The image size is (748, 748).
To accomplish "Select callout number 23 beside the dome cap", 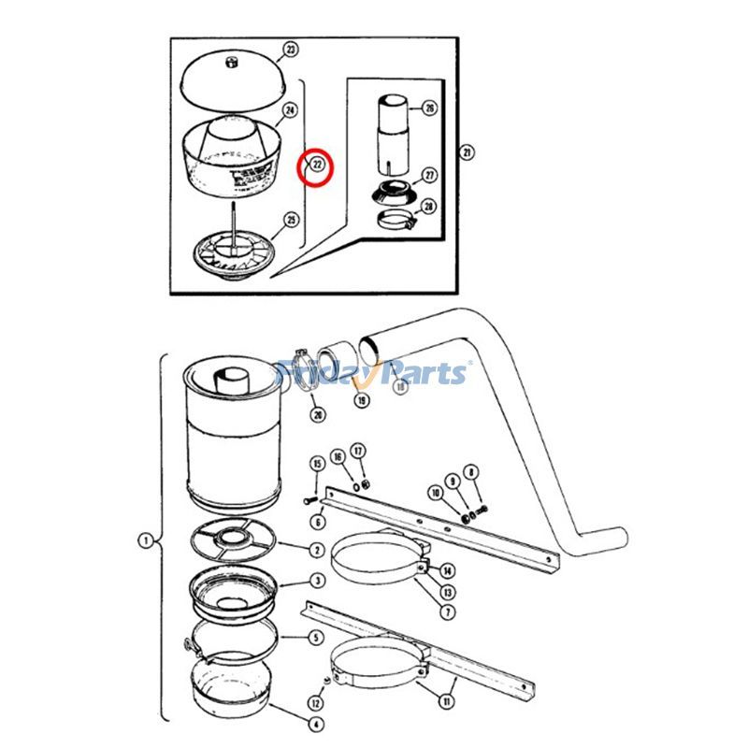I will pyautogui.click(x=290, y=49).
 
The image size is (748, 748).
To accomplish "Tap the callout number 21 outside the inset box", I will pyautogui.click(x=467, y=152).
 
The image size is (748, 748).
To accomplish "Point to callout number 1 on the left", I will pyautogui.click(x=145, y=539).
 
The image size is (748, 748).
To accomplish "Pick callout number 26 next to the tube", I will pyautogui.click(x=429, y=108).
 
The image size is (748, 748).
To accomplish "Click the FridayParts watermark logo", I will pyautogui.click(x=374, y=373).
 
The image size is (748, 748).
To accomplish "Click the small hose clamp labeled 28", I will pyautogui.click(x=396, y=222).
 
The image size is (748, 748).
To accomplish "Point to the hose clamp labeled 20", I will pyautogui.click(x=297, y=365).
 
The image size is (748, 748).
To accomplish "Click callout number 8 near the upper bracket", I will pyautogui.click(x=472, y=473).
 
